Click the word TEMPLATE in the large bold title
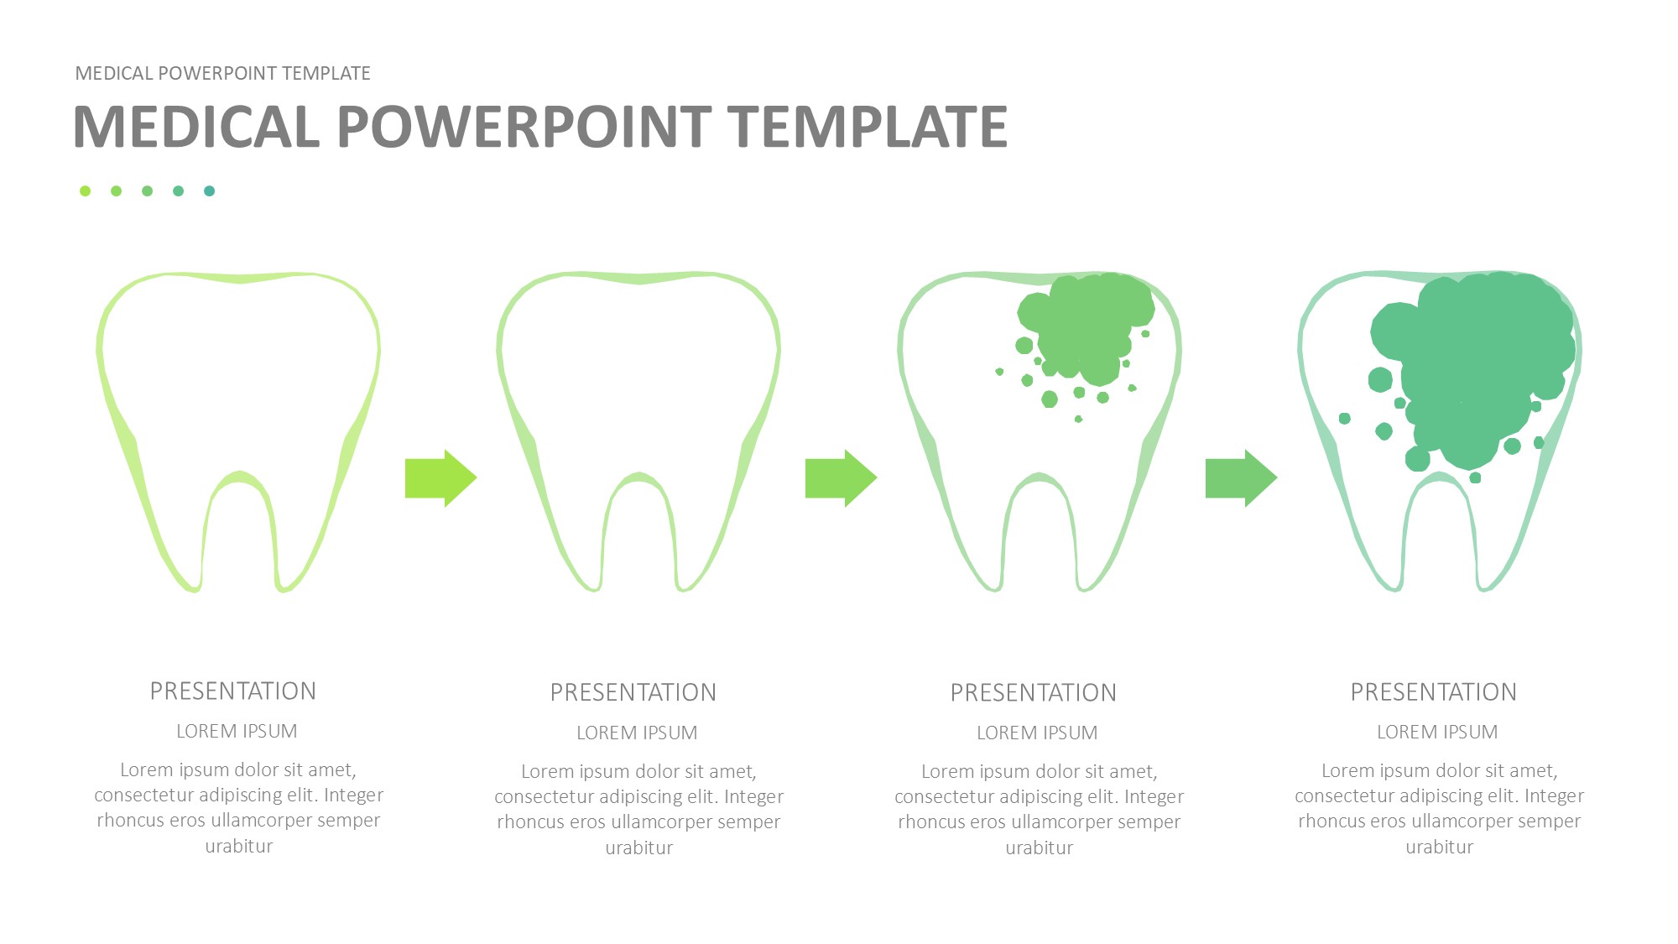coord(868,127)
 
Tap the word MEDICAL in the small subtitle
coord(114,74)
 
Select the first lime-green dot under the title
coord(85,191)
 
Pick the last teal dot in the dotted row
coord(209,191)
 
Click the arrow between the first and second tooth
coord(441,478)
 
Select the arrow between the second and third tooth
coord(842,478)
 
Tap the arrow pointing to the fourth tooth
coord(1242,478)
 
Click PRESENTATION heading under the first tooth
coord(233,691)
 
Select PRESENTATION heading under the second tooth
coord(633,693)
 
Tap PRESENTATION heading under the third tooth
coord(1034,693)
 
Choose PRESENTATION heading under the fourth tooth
coord(1434,692)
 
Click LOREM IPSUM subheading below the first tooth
coord(237,732)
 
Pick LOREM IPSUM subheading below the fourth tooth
coord(1437,733)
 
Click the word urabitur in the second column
coord(639,848)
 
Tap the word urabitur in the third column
coord(1040,848)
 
